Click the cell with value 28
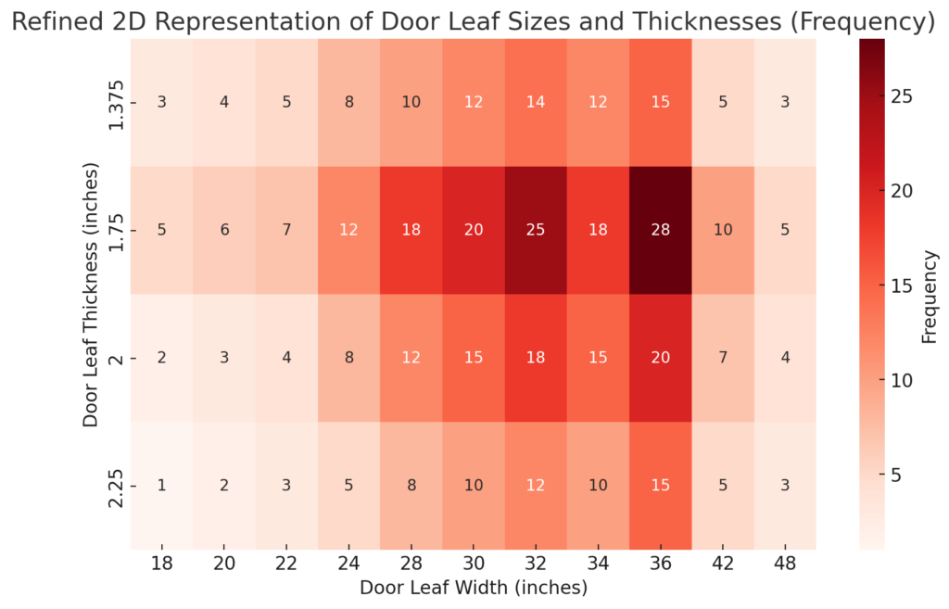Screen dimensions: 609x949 pyautogui.click(x=660, y=230)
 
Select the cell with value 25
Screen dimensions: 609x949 pyautogui.click(x=536, y=230)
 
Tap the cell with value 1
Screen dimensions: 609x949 pyautogui.click(x=162, y=486)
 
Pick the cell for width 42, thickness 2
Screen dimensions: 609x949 pyautogui.click(x=723, y=358)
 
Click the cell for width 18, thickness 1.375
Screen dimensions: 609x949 pyautogui.click(x=162, y=102)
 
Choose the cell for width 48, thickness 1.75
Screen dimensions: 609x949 pyautogui.click(x=785, y=230)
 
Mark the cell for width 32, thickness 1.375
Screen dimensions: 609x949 pyautogui.click(x=536, y=102)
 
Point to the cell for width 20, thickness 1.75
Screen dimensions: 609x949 pyautogui.click(x=224, y=230)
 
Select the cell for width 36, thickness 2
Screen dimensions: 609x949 pyautogui.click(x=660, y=358)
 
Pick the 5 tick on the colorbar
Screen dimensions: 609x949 pyautogui.click(x=900, y=475)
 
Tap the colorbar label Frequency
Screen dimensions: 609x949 pyautogui.click(x=930, y=295)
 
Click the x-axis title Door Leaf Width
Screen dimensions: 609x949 pyautogui.click(x=473, y=588)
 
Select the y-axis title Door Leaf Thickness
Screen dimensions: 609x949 pyautogui.click(x=90, y=295)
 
